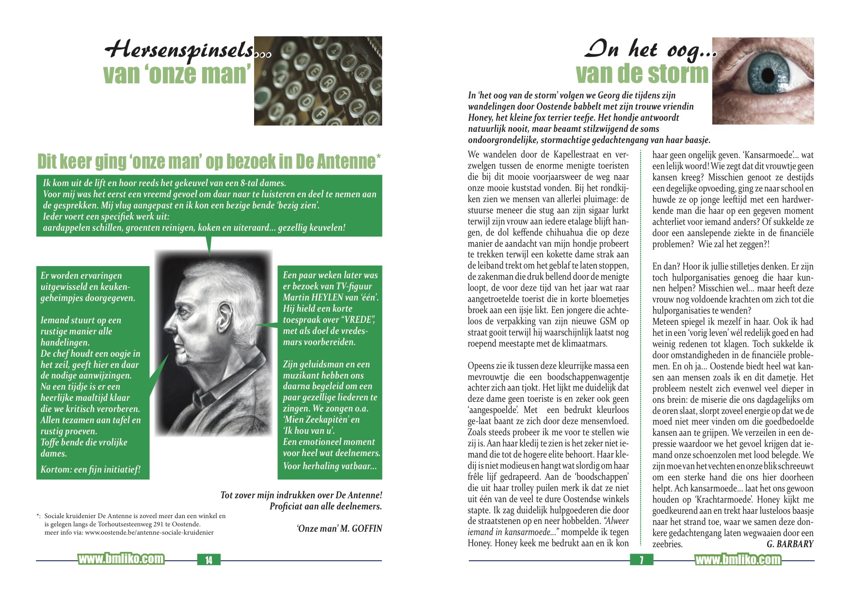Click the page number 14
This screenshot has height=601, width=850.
click(208, 560)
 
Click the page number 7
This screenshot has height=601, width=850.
click(641, 560)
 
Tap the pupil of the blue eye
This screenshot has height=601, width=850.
click(768, 76)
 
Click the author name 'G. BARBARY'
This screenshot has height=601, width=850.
click(790, 544)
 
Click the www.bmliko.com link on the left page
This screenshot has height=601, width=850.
click(121, 559)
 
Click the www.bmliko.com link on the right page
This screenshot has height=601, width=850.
click(738, 560)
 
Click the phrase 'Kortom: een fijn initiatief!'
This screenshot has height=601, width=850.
click(91, 469)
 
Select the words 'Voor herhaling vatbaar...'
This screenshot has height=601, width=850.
click(330, 466)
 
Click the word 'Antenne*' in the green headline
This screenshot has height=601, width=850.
click(348, 161)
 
